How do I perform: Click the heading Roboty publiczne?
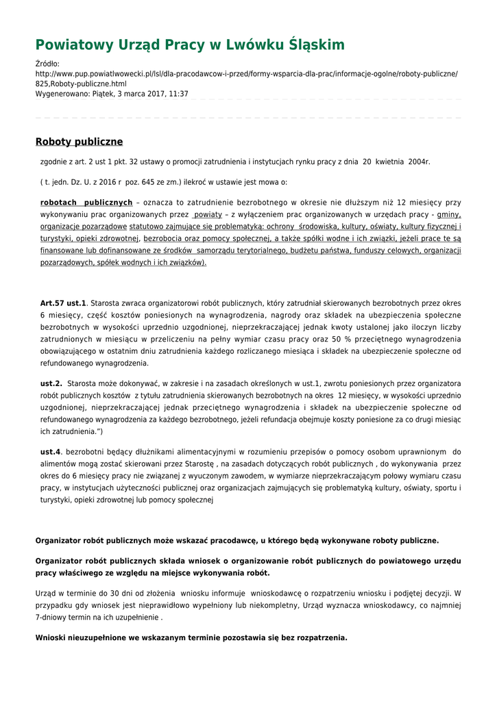[x=79, y=142]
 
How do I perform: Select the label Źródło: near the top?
[x=48, y=64]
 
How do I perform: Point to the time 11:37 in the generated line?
[x=178, y=94]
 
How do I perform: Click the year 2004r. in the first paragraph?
[x=419, y=162]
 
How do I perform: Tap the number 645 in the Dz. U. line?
[x=151, y=183]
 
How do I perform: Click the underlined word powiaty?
[x=208, y=214]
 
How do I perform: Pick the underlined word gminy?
[x=449, y=214]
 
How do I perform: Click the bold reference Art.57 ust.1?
[x=63, y=303]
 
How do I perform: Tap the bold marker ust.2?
[x=51, y=383]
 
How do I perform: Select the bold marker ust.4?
[x=51, y=453]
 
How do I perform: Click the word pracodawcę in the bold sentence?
[x=247, y=541]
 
